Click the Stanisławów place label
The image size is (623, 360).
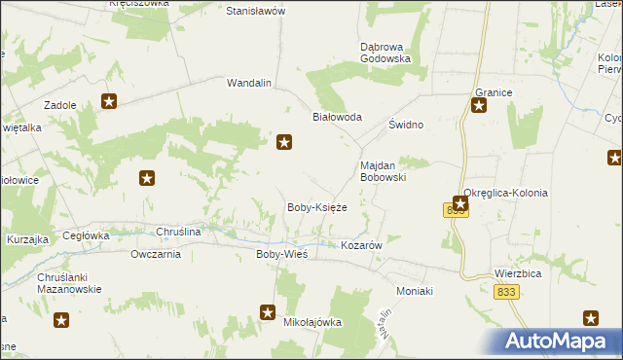tap(255, 11)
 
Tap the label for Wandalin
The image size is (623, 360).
tap(248, 83)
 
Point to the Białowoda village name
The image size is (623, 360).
tap(337, 117)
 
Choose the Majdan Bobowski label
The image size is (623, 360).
tap(383, 171)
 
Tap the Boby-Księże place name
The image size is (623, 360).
tap(316, 207)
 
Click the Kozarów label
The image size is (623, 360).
tap(360, 246)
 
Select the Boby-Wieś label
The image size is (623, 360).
tap(281, 254)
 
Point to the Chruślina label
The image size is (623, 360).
tap(178, 233)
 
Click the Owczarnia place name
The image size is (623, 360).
tap(156, 255)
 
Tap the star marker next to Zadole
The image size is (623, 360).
tap(109, 101)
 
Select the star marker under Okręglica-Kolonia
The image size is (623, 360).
tap(460, 203)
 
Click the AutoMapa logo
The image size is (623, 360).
tap(561, 342)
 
